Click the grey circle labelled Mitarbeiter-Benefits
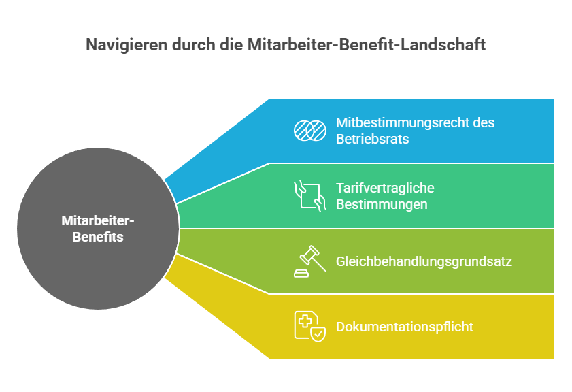[x=98, y=229]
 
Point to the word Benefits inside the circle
[x=98, y=237]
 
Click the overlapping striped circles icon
[x=310, y=130]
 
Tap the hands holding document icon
[x=310, y=196]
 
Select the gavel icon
[x=310, y=261]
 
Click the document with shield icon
[x=310, y=327]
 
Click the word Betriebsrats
[x=373, y=139]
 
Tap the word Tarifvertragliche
[x=385, y=188]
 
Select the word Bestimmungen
[x=382, y=204]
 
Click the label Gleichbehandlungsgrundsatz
[x=424, y=262]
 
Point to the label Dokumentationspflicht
[x=405, y=327]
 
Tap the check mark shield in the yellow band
[x=318, y=334]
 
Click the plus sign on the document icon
[x=305, y=321]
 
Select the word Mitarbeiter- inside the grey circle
[x=98, y=220]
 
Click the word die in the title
[x=231, y=44]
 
